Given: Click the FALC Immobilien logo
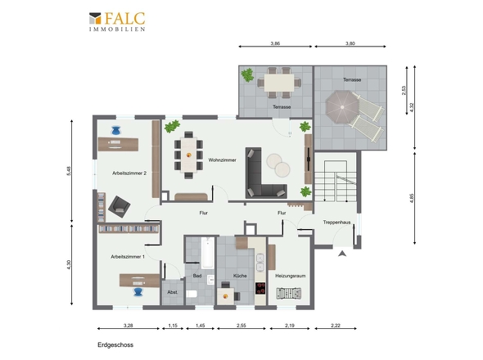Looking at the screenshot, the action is point(117,21).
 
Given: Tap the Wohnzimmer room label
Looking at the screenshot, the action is point(222,160).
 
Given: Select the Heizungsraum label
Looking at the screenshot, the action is point(290,276).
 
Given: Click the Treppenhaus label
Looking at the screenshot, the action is point(336,222).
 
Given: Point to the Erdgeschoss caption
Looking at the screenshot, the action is point(115,345).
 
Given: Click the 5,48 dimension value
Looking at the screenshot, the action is point(69,171).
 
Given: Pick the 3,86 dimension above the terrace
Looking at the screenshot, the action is point(275,43).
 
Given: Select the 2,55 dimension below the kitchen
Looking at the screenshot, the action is point(241,325).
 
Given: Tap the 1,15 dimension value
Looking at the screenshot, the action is point(173,325).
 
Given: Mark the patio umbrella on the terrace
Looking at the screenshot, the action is point(342,107).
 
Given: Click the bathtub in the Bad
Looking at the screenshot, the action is point(207,253).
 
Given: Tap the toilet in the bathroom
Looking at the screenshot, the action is point(192,294).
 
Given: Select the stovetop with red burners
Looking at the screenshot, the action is point(260,289).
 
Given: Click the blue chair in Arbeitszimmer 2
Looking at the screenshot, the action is point(115,131).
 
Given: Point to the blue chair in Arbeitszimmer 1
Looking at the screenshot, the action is point(138,291).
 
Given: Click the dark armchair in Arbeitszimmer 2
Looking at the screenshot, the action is point(119,207).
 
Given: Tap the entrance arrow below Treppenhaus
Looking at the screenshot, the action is point(342,254).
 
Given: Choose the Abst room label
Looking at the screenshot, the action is point(172,292).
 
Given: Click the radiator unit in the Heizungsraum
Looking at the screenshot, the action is point(289,294).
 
